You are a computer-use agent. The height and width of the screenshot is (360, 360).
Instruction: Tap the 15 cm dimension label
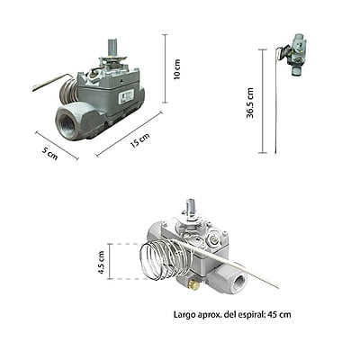pos(140,142)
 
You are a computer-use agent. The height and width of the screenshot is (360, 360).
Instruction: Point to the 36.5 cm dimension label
pos(251,102)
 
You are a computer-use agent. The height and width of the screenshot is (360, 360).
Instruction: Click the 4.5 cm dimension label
pos(103,261)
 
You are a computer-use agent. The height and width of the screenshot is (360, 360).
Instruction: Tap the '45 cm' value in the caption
pos(279,314)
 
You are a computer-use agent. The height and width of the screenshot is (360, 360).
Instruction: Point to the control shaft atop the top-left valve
pos(113,47)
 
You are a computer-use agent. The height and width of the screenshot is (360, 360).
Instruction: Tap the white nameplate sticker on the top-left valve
pos(129,94)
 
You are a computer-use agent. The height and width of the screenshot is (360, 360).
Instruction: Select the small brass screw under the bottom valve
pos(193,283)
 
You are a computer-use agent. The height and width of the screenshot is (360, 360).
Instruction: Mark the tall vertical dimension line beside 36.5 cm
pos(262,101)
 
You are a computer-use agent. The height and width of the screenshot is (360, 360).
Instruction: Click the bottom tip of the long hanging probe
pos(275,151)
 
